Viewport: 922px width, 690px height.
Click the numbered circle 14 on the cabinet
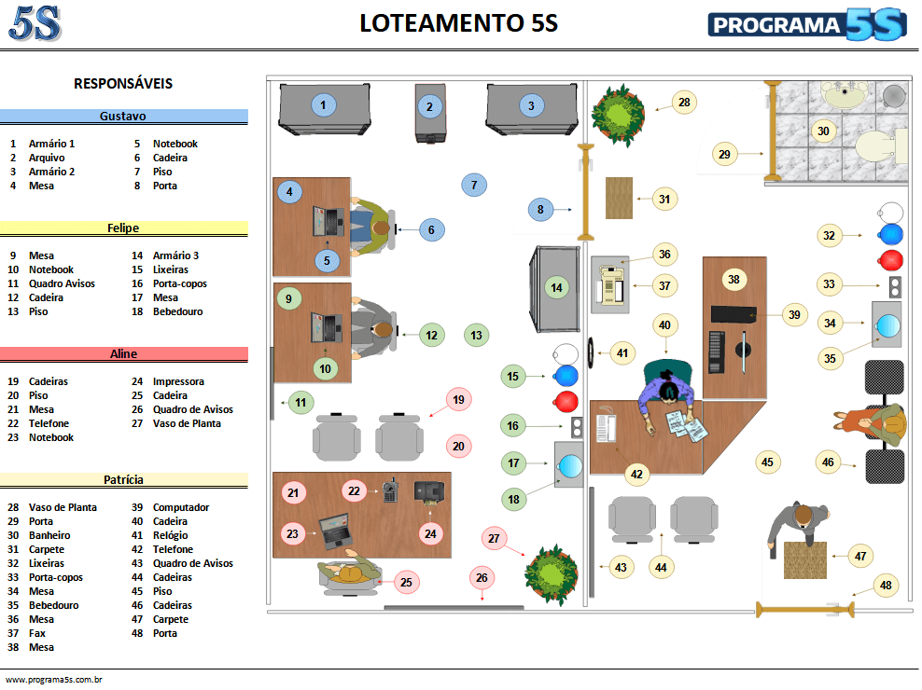pyautogui.click(x=557, y=287)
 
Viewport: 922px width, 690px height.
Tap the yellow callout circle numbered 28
pyautogui.click(x=684, y=103)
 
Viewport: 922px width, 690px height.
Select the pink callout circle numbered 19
pyautogui.click(x=458, y=400)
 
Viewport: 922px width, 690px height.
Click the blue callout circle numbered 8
pyautogui.click(x=540, y=210)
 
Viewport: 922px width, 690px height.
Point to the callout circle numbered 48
pyautogui.click(x=886, y=586)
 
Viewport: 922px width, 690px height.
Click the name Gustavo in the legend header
pyautogui.click(x=123, y=117)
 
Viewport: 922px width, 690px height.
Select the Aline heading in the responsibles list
pyautogui.click(x=123, y=354)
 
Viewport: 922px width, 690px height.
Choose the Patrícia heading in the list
pyautogui.click(x=123, y=480)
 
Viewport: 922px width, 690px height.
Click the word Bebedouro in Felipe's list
pyautogui.click(x=178, y=311)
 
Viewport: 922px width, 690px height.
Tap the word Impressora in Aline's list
pyautogui.click(x=178, y=381)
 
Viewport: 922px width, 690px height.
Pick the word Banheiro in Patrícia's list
pyautogui.click(x=50, y=535)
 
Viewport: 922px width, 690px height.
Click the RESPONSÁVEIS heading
pyautogui.click(x=123, y=84)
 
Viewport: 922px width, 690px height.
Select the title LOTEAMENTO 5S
pyautogui.click(x=458, y=23)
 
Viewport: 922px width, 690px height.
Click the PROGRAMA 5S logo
pyautogui.click(x=806, y=24)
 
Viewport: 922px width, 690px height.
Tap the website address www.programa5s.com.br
pyautogui.click(x=53, y=680)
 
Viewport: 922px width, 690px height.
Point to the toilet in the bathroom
pyautogui.click(x=876, y=145)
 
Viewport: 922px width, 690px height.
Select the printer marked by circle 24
pyautogui.click(x=429, y=490)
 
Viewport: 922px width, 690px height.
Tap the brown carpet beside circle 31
pyautogui.click(x=618, y=198)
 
